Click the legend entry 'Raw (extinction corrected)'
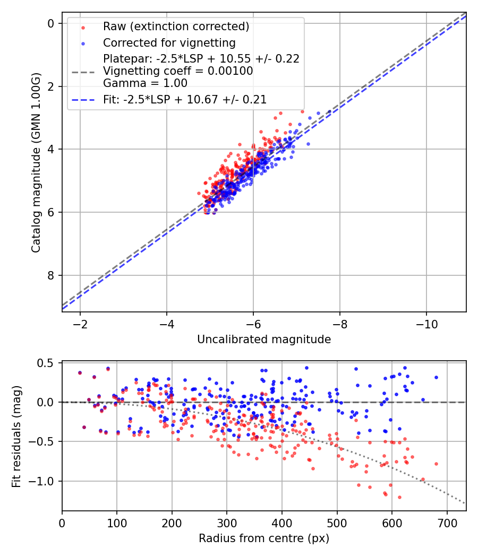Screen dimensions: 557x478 176,27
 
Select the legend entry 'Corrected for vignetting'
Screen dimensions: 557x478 169,42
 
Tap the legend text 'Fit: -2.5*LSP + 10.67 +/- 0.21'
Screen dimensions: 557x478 185,99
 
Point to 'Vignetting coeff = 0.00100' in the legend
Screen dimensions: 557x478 178,71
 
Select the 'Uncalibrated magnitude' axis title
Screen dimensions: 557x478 264,340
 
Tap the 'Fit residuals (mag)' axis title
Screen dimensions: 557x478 16,436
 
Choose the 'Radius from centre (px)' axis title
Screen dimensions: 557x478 264,538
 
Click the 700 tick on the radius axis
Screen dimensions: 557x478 447,523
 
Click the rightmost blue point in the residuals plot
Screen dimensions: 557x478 436,377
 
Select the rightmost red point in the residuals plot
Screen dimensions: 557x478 436,464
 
